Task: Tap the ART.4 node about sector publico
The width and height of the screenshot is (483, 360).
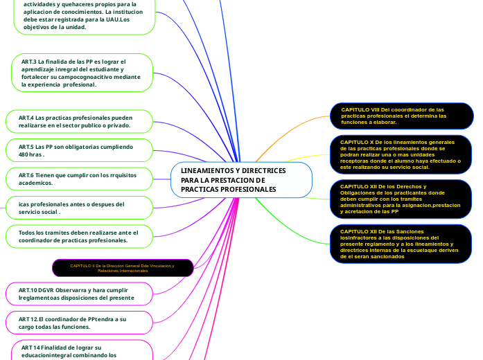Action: click(x=78, y=122)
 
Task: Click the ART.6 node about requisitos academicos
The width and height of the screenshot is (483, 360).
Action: click(x=78, y=179)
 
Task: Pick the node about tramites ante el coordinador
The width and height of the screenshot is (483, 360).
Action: click(x=78, y=236)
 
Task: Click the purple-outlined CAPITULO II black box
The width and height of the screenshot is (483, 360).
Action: click(x=123, y=268)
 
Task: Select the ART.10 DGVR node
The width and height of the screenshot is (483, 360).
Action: click(x=78, y=294)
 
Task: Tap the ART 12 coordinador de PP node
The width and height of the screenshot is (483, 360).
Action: click(x=78, y=323)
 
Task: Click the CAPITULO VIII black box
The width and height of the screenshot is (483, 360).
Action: click(x=401, y=116)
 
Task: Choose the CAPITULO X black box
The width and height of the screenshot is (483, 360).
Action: click(x=401, y=153)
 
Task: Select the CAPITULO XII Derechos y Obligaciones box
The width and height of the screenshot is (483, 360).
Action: click(x=401, y=199)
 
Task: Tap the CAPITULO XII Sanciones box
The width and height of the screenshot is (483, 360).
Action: click(x=401, y=244)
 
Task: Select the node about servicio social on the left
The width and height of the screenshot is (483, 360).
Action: click(x=78, y=208)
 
